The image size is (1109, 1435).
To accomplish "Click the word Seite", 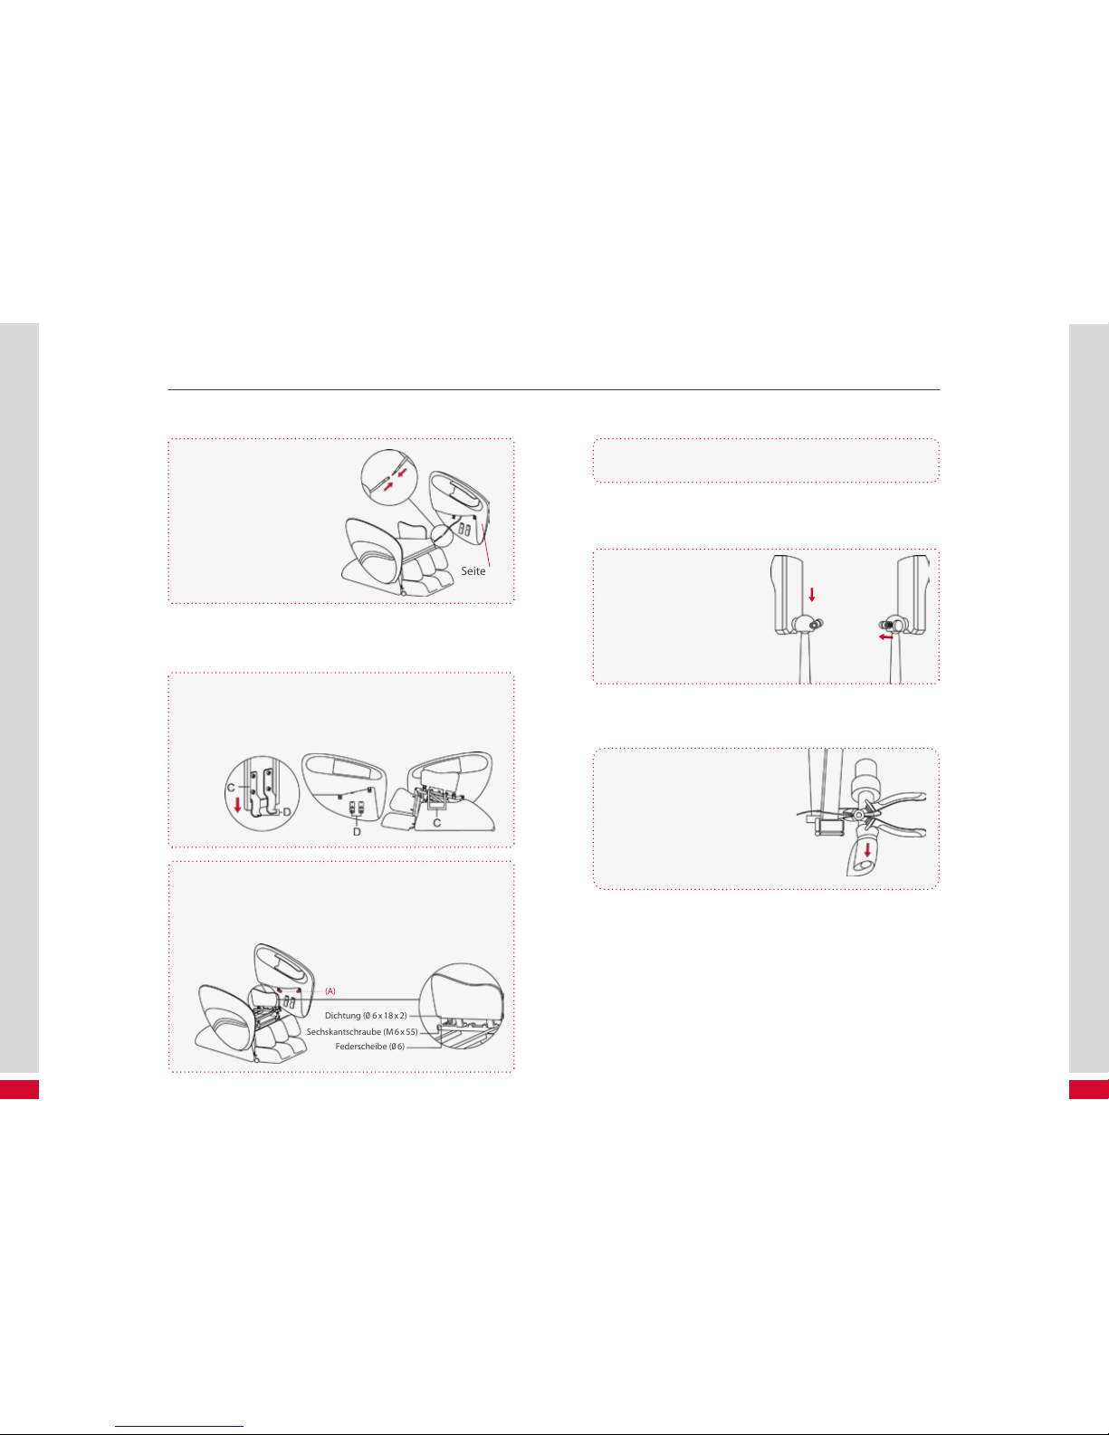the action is click(x=473, y=571).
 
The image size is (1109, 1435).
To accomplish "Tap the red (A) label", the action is click(x=330, y=991).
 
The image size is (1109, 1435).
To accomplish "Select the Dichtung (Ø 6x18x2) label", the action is click(x=366, y=1016).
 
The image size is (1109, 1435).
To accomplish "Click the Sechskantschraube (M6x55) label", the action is click(x=362, y=1031).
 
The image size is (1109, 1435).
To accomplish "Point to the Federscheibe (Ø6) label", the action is click(x=369, y=1047).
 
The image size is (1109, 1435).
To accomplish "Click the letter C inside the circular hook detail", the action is click(x=231, y=788).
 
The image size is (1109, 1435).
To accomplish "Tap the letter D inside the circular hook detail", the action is click(x=287, y=812).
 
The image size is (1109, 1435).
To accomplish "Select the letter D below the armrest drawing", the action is click(x=357, y=832).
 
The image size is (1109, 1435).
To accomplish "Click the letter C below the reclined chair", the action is click(x=436, y=824).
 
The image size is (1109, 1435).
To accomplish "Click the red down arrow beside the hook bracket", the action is click(x=237, y=805).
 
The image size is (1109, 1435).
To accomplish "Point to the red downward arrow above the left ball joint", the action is click(x=812, y=594).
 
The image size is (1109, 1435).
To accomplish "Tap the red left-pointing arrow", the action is click(x=886, y=637).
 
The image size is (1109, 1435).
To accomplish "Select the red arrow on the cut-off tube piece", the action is click(x=867, y=850).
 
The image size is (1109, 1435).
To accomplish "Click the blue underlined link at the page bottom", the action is click(x=179, y=1427).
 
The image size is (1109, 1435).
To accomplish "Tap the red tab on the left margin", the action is click(x=19, y=1090).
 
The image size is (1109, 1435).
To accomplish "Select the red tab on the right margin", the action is click(x=1089, y=1090).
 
